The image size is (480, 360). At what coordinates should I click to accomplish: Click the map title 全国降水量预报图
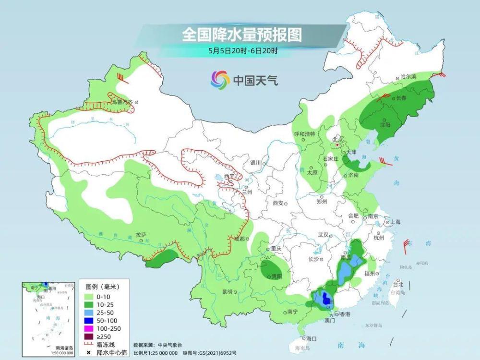pyautogui.click(x=241, y=35)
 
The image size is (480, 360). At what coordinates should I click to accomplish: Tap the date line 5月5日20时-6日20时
pyautogui.click(x=243, y=51)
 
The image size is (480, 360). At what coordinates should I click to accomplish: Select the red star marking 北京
pyautogui.click(x=338, y=144)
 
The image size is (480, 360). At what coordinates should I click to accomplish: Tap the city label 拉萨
pyautogui.click(x=141, y=235)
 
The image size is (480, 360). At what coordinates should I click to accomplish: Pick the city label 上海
pyautogui.click(x=396, y=222)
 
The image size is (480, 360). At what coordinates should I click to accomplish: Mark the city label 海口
pyautogui.click(x=311, y=338)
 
